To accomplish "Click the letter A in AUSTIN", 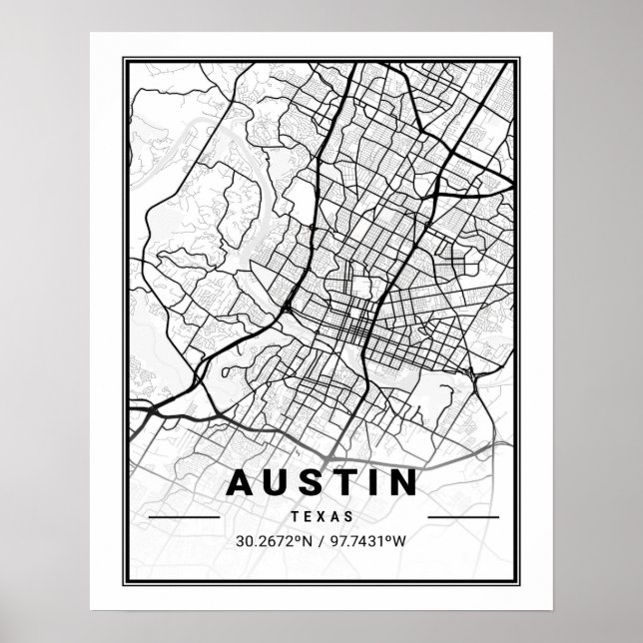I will point(241,482).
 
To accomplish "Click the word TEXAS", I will point(322,517).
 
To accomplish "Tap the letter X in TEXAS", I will point(322,517).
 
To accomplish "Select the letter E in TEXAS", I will point(308,517).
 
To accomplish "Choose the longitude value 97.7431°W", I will point(369,543).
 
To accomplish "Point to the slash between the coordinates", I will point(321,543).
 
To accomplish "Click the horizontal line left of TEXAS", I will point(183,518).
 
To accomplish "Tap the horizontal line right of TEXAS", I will point(462,518).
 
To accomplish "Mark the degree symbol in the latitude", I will point(297,539).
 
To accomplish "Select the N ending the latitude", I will point(306,543).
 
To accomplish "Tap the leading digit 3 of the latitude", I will point(241,543).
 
